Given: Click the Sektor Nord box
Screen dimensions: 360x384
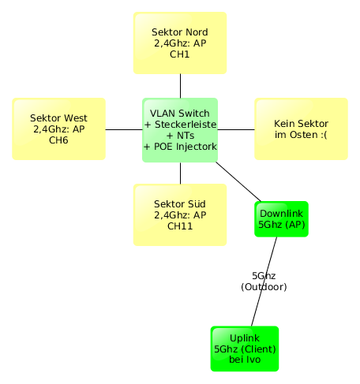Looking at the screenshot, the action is click(180, 43).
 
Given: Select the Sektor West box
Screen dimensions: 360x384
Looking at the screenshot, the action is click(59, 129).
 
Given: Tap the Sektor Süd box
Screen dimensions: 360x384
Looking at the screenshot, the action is click(180, 214).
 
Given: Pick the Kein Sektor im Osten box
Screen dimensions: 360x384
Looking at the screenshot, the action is click(301, 129).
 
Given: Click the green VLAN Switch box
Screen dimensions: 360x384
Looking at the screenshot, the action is click(180, 130).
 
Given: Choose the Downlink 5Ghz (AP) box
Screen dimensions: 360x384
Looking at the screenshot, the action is click(281, 219).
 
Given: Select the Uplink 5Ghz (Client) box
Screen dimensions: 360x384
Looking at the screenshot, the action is click(245, 349).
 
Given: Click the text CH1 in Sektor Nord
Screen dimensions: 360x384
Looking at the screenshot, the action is click(180, 54).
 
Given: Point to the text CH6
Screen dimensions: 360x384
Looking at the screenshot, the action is click(58, 140).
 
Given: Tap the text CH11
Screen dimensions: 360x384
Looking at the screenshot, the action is click(180, 226).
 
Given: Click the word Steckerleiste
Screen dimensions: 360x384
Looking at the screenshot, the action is click(186, 125).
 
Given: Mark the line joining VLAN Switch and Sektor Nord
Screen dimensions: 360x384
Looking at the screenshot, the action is click(180, 86).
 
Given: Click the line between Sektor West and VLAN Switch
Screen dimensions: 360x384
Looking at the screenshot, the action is click(124, 129).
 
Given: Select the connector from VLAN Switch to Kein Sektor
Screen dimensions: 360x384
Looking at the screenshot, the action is click(236, 129).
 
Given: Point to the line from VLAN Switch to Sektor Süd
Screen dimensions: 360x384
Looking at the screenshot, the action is click(180, 173).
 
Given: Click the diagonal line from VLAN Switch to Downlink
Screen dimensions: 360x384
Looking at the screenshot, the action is click(238, 181).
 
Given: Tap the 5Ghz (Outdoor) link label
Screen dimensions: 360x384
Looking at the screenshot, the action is click(264, 281).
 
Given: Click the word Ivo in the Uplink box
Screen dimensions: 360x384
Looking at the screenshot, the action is click(253, 360).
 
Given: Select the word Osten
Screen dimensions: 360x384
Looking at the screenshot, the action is click(305, 135).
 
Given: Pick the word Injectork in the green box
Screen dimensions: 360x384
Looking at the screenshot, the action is click(197, 147).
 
